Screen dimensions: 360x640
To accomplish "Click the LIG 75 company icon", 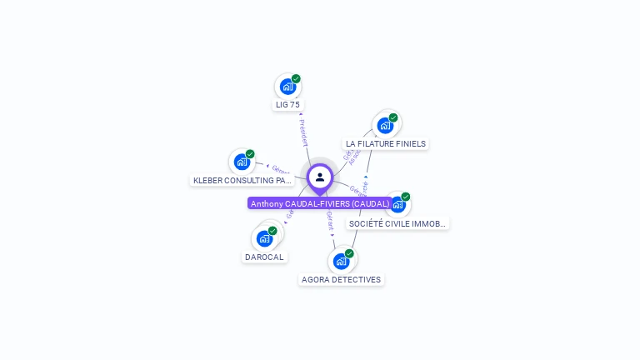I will (x=287, y=87).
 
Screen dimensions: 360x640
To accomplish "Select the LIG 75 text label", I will (x=287, y=105).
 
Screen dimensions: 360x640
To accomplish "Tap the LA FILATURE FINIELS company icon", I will (x=385, y=125).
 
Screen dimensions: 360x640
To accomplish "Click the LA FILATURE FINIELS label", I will (x=386, y=144).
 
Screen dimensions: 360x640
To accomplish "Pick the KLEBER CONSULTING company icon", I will (x=242, y=162).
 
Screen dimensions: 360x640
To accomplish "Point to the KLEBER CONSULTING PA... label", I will (x=242, y=180).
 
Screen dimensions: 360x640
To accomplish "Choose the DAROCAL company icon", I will (x=265, y=238).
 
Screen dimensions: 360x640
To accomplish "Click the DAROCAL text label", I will (x=265, y=257).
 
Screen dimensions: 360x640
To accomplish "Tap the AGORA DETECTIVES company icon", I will (x=341, y=261).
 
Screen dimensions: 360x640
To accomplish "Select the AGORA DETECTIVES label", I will (x=341, y=280).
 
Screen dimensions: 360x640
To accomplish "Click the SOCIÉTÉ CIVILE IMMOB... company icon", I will (x=397, y=204).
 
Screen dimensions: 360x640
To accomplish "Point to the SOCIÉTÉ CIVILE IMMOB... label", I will (x=398, y=223).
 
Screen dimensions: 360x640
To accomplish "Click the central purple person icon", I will (x=320, y=177).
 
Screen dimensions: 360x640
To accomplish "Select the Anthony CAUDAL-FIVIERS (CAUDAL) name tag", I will (x=320, y=203).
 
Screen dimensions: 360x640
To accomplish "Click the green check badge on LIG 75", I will (x=296, y=79).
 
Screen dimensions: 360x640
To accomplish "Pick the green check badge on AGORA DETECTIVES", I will (x=349, y=253).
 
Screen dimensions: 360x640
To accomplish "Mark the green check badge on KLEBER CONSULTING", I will (x=250, y=154).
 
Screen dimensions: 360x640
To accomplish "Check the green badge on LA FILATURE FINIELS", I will (x=393, y=117).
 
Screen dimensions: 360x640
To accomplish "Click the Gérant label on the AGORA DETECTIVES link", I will (x=330, y=221).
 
